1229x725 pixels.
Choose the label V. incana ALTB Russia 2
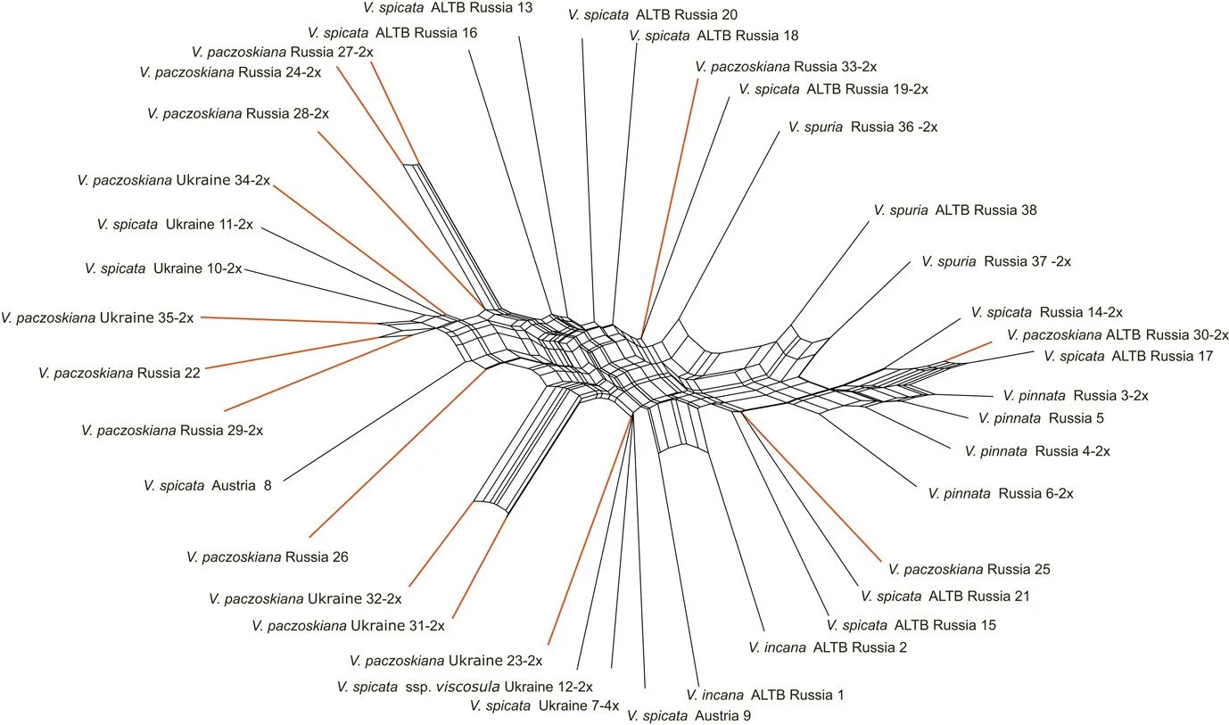coord(828,647)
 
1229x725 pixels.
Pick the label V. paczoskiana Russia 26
coord(267,557)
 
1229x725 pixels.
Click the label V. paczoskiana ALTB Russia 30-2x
coord(1117,335)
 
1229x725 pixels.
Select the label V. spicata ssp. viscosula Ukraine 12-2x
coord(464,687)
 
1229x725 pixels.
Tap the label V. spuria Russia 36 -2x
coord(862,128)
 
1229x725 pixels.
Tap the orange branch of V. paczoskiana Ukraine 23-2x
coord(589,535)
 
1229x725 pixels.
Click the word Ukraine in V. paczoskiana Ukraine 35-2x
coord(136,317)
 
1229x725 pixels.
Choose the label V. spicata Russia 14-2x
coord(1046,312)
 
